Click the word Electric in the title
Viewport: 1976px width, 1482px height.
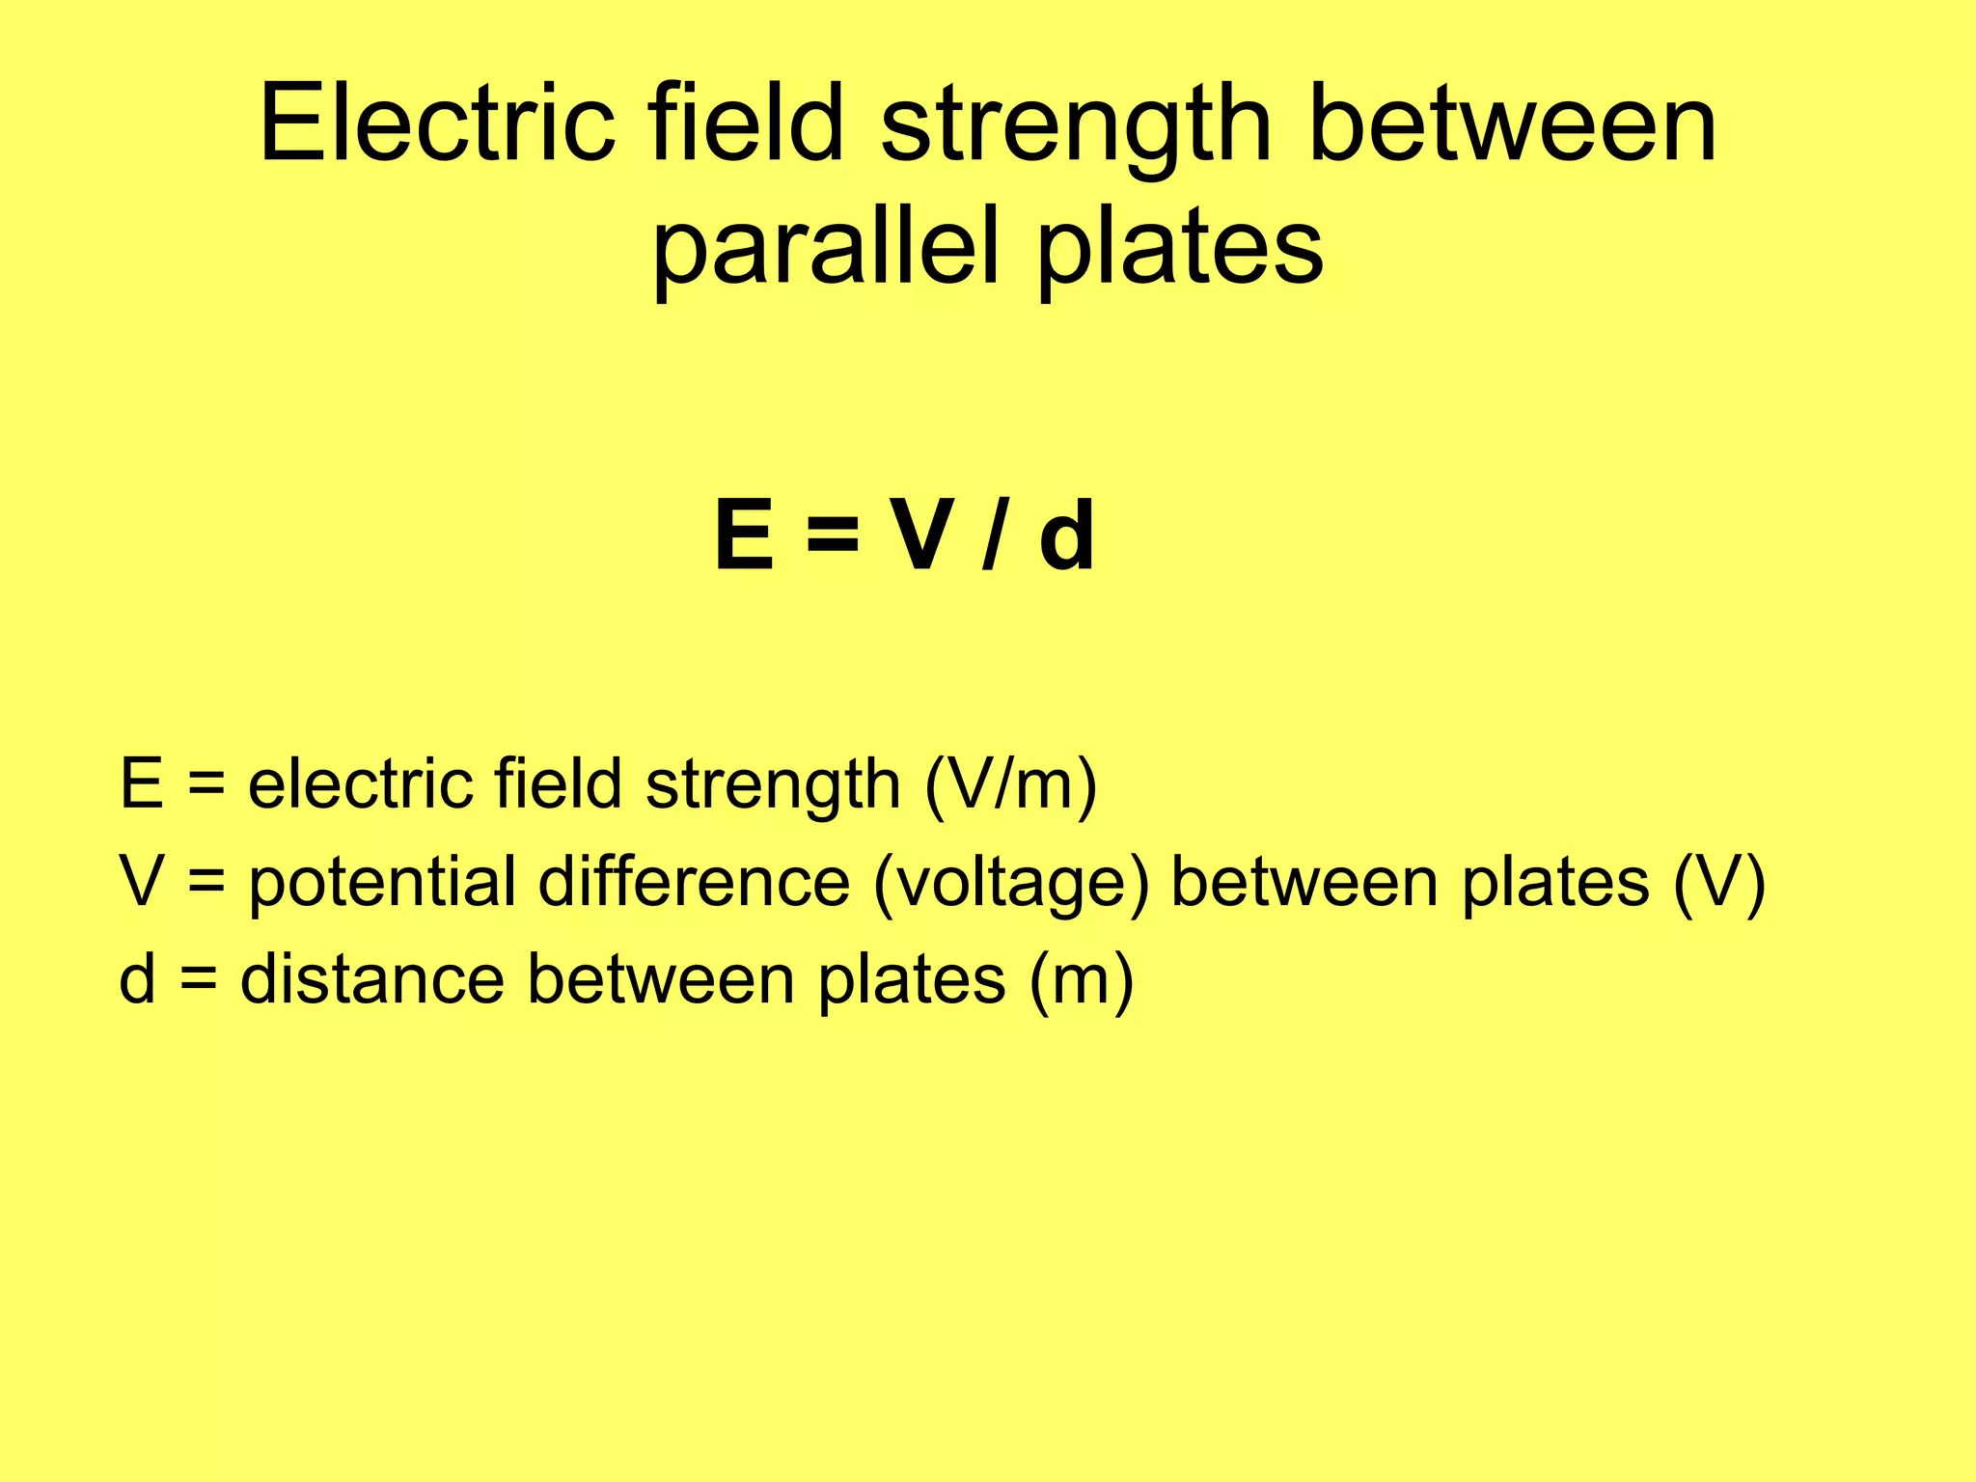[x=437, y=124]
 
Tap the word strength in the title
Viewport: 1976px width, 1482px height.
[x=1076, y=130]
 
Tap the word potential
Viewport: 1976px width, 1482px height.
[x=382, y=884]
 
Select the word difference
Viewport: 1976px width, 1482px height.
[x=694, y=882]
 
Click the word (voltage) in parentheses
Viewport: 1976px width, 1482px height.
[x=1010, y=884]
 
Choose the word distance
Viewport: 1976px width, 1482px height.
[x=371, y=979]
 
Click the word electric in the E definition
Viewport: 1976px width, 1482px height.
[x=360, y=783]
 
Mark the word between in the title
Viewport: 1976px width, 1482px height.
[x=1512, y=124]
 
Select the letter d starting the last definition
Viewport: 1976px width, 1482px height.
[x=137, y=979]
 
